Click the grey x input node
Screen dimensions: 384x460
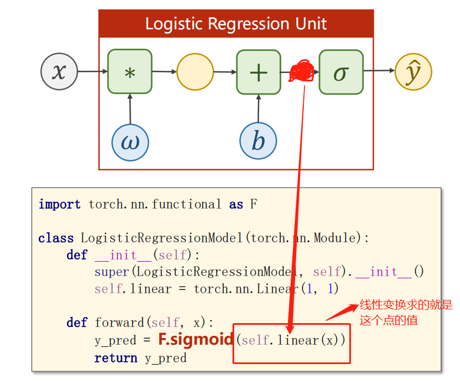click(x=59, y=72)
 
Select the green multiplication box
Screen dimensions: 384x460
click(x=130, y=72)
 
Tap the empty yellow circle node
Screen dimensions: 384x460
click(x=195, y=72)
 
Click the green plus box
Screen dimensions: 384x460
click(x=259, y=72)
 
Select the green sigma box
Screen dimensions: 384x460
click(x=341, y=72)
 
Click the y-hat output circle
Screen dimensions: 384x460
click(x=413, y=72)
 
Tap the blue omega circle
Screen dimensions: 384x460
click(x=130, y=142)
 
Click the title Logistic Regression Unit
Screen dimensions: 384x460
click(x=236, y=24)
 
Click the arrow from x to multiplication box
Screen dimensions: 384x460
click(x=92, y=71)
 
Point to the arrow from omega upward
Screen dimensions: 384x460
click(x=130, y=108)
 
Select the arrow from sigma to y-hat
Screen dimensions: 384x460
click(x=379, y=71)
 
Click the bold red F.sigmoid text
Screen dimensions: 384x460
click(x=195, y=339)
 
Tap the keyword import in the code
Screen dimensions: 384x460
click(x=59, y=204)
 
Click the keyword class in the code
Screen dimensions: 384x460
click(x=56, y=238)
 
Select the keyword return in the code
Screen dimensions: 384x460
click(x=116, y=358)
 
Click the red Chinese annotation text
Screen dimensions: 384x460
click(x=406, y=312)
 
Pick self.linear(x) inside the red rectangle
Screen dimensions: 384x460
click(x=291, y=340)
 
